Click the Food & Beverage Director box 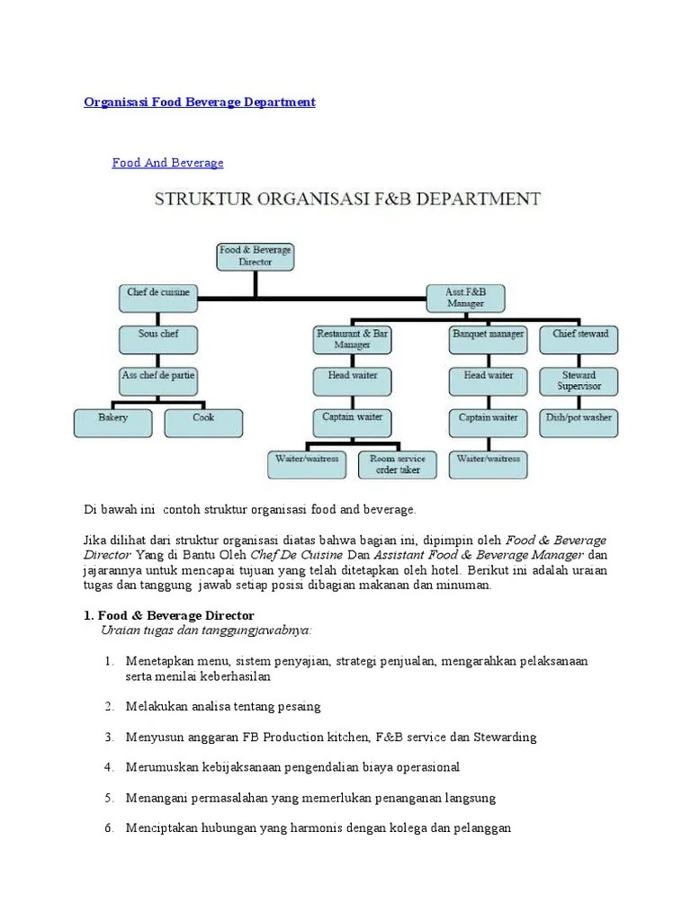coord(256,255)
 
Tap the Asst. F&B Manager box coord(464,298)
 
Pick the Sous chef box coord(158,337)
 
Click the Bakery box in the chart coord(113,423)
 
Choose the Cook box coord(203,423)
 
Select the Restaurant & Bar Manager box coord(352,339)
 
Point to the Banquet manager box coord(488,338)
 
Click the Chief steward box coord(580,338)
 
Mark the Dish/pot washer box coord(579,423)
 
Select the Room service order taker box coord(398,464)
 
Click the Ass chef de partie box coord(158,380)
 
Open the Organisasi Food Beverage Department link coord(200,103)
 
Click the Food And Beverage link coord(167,163)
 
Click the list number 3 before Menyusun coord(108,738)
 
